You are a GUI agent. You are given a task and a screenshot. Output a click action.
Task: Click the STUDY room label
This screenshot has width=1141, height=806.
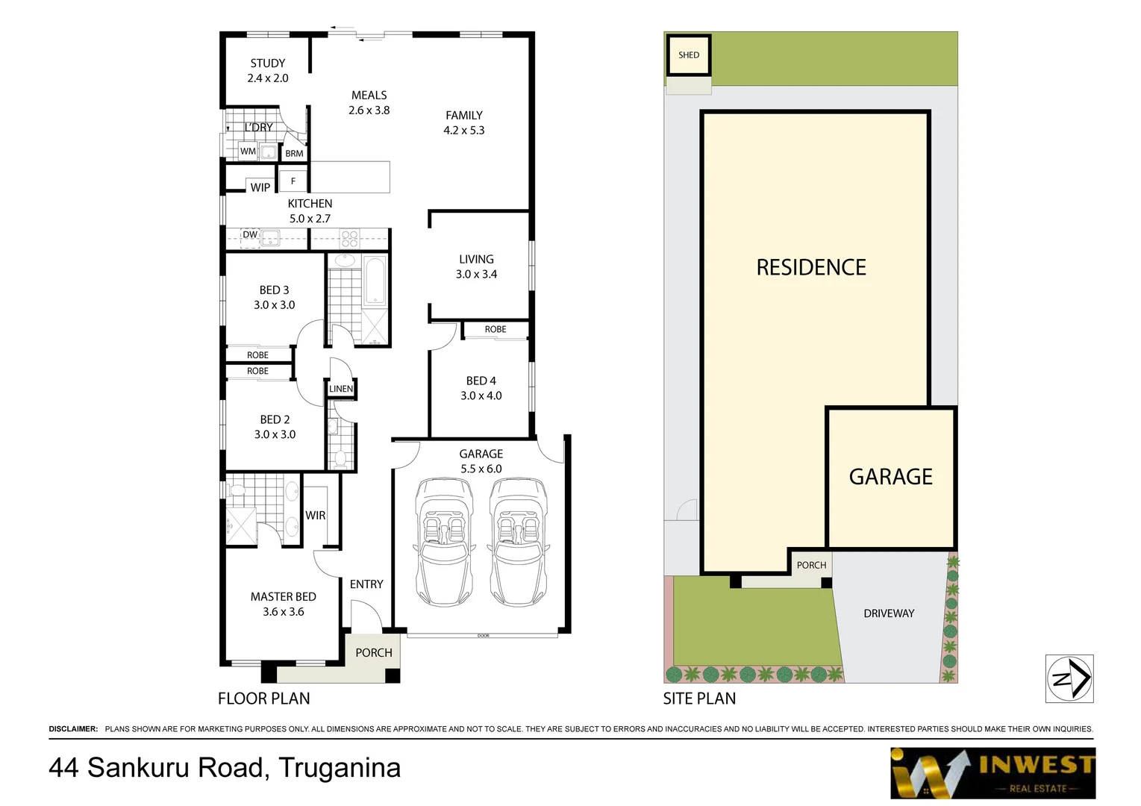point(267,63)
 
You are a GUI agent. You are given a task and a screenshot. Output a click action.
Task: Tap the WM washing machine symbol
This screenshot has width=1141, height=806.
point(248,151)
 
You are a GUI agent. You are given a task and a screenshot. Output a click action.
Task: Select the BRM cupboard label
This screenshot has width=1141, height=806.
point(294,154)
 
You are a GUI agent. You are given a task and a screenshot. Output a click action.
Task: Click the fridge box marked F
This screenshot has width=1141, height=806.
point(293,181)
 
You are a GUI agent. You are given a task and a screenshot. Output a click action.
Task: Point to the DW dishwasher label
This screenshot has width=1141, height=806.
point(250,235)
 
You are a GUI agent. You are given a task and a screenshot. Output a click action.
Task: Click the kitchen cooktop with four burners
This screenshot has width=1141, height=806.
point(349,239)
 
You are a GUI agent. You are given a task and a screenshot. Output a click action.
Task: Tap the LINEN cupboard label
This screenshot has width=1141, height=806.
point(341,389)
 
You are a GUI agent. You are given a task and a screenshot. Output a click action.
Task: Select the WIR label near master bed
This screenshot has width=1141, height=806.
point(315,516)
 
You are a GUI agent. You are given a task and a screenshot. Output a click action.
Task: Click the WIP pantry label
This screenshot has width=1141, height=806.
point(260,187)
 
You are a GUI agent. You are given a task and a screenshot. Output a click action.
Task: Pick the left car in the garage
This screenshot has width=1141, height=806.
point(444,541)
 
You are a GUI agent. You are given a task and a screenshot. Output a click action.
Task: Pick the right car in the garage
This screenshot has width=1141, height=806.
point(518,541)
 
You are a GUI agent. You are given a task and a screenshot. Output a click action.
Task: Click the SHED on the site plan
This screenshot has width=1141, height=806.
point(689,55)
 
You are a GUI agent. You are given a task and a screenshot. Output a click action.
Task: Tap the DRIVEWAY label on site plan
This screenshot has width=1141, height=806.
point(888,613)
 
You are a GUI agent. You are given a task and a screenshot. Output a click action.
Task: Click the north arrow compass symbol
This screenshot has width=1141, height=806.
point(1069,678)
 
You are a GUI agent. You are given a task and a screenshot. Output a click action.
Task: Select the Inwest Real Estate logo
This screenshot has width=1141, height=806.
point(992,773)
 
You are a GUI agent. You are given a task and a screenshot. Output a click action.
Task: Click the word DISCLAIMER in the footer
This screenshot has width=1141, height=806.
point(73,728)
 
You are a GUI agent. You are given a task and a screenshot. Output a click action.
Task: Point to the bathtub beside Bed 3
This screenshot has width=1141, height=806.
point(374,281)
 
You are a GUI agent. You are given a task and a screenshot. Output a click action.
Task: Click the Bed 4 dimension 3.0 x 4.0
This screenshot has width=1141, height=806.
point(481,396)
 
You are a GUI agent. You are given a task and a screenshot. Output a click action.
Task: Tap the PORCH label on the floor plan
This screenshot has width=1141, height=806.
point(373,652)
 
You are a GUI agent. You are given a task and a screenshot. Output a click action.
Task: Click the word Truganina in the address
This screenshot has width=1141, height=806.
point(340,767)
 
